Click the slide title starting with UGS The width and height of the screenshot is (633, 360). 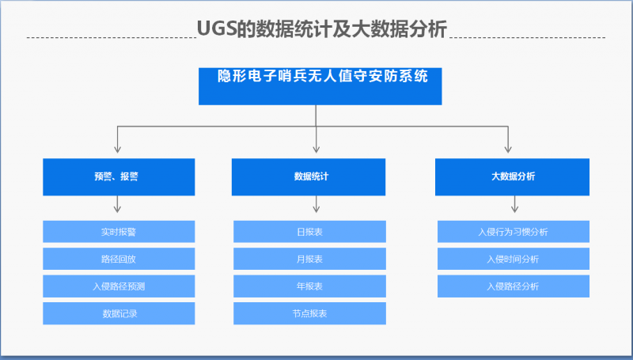pyautogui.click(x=322, y=28)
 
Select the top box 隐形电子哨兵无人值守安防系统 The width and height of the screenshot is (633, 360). pyautogui.click(x=320, y=86)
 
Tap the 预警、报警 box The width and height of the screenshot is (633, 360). pyautogui.click(x=119, y=177)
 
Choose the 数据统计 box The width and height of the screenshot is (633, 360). pyautogui.click(x=309, y=177)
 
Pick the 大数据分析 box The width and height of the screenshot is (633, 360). pyautogui.click(x=512, y=177)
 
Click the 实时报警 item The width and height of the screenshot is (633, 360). pyautogui.click(x=119, y=232)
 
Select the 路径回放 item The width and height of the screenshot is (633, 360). pyautogui.click(x=119, y=259)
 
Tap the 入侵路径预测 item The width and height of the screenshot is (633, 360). pyautogui.click(x=119, y=286)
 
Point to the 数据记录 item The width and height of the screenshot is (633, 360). pyautogui.click(x=119, y=313)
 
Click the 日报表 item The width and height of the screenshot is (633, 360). pyautogui.click(x=309, y=232)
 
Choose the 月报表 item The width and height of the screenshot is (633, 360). pyautogui.click(x=309, y=259)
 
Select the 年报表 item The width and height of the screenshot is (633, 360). pyautogui.click(x=309, y=286)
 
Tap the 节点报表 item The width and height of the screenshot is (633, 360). pyautogui.click(x=309, y=313)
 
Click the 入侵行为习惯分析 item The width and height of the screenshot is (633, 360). pyautogui.click(x=514, y=232)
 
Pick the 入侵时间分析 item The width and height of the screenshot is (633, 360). pyautogui.click(x=514, y=259)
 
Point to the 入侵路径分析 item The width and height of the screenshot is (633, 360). pyautogui.click(x=514, y=286)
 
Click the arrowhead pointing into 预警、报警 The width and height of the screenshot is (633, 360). pyautogui.click(x=117, y=150)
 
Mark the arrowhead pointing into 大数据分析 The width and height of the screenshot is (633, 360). pyautogui.click(x=508, y=150)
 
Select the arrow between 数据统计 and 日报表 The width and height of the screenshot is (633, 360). pyautogui.click(x=316, y=204)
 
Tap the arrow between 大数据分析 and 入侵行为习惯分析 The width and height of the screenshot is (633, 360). pyautogui.click(x=515, y=204)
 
